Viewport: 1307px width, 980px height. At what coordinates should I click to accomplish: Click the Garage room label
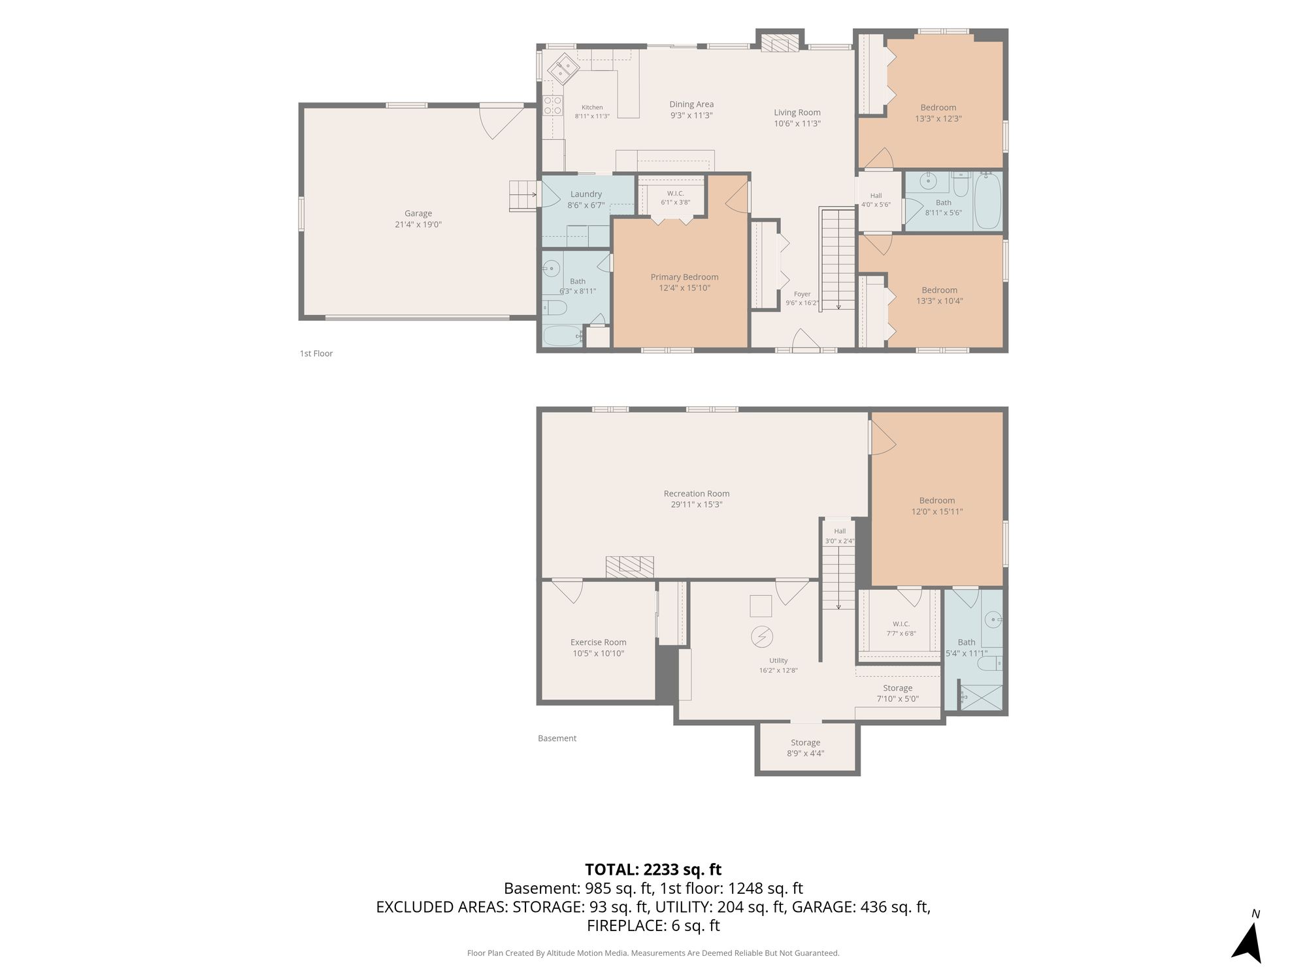[x=418, y=219]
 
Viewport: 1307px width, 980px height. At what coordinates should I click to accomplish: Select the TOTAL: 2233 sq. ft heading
[x=653, y=870]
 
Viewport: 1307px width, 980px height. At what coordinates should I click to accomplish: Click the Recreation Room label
[x=697, y=499]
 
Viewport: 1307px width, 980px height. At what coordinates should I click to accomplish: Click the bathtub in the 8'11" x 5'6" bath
[x=987, y=201]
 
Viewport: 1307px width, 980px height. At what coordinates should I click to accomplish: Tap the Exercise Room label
[x=599, y=647]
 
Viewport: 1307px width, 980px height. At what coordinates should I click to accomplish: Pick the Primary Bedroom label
[x=684, y=282]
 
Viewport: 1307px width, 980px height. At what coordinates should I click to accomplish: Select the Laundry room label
[x=586, y=199]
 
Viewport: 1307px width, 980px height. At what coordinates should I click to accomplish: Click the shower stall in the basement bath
[x=981, y=697]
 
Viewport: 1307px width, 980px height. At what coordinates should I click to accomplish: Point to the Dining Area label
[x=691, y=110]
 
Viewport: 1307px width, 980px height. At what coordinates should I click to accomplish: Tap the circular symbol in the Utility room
[x=762, y=637]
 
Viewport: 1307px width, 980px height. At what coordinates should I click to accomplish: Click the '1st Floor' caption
[x=316, y=353]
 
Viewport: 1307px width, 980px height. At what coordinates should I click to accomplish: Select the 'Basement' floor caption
[x=557, y=738]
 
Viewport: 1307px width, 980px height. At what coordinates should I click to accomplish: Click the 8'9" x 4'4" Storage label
[x=806, y=748]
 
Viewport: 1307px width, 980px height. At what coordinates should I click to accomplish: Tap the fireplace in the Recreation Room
[x=630, y=566]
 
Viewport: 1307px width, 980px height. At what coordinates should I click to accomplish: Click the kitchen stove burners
[x=553, y=105]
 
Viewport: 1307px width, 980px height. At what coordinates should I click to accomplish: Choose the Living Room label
[x=797, y=118]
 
